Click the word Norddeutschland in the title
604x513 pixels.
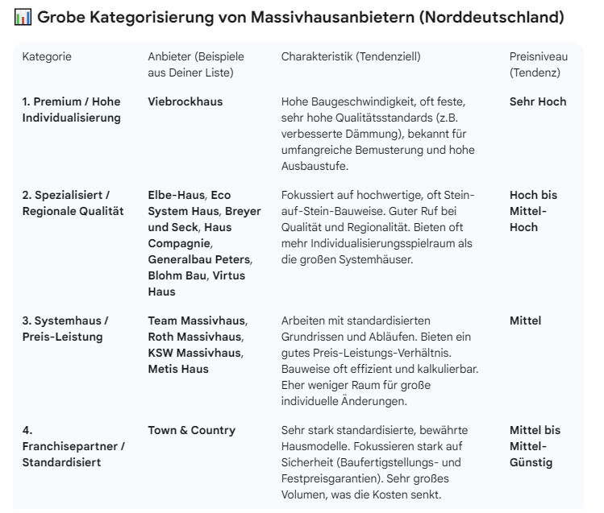pos(496,18)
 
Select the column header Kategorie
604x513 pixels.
pos(47,57)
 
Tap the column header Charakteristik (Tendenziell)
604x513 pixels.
pos(351,57)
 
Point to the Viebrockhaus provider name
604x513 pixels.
pos(185,102)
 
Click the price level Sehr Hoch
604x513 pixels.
pos(538,102)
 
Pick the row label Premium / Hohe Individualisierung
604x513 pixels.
pos(71,110)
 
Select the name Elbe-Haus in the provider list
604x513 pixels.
pos(177,196)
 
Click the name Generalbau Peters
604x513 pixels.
pos(199,260)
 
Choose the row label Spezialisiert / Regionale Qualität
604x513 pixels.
pos(73,204)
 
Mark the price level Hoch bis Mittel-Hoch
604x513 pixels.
pos(533,212)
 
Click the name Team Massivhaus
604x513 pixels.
pos(197,321)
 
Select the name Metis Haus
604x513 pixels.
pos(178,370)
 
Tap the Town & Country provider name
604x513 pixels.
pos(191,431)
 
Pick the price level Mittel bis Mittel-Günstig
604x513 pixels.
pos(535,447)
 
